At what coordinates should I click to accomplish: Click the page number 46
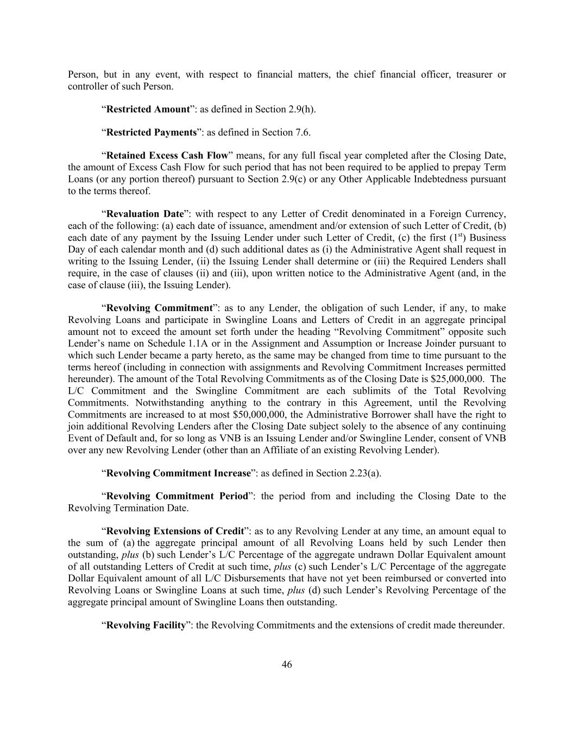point(287,664)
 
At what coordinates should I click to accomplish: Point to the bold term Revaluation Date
point(145,214)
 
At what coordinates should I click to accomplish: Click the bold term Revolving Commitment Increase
point(178,473)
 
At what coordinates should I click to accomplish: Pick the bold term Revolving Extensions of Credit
point(174,531)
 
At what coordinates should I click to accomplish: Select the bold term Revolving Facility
point(146,625)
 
